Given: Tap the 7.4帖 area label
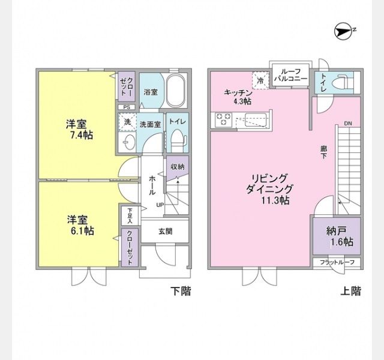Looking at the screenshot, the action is [x=82, y=135].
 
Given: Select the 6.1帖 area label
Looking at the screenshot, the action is [x=82, y=230].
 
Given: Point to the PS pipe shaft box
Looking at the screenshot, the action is [x=127, y=107].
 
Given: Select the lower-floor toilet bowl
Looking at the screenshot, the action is [x=178, y=140].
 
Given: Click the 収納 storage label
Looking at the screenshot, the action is [x=178, y=167].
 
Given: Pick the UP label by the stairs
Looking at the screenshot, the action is [x=160, y=205].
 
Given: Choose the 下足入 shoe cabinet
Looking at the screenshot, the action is [x=130, y=216].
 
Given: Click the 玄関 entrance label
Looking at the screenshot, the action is [x=166, y=231].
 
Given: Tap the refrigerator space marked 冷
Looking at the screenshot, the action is [x=260, y=80].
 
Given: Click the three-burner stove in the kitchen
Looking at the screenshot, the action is [x=224, y=119].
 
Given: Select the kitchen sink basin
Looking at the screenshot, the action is [x=256, y=120].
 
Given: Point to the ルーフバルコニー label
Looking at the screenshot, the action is [x=290, y=75].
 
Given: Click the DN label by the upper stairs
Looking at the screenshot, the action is [x=348, y=124].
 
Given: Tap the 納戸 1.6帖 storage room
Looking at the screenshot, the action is [x=337, y=236].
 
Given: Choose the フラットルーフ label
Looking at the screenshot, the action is [x=337, y=262].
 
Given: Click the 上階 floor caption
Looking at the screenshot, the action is [x=351, y=291].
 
